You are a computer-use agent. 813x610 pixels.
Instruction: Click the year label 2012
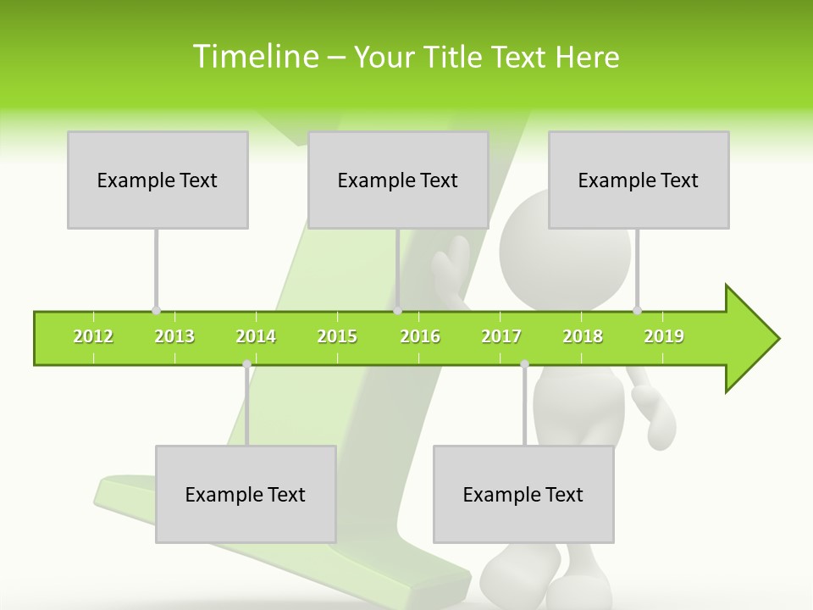[x=93, y=336]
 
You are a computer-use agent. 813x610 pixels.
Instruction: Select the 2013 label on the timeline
[x=174, y=336]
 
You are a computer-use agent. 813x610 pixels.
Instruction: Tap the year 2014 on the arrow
[x=256, y=336]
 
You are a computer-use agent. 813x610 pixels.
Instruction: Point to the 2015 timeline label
[x=337, y=336]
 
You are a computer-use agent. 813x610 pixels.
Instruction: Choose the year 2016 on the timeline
[x=420, y=336]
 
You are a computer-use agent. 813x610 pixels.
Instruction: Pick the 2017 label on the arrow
[x=501, y=336]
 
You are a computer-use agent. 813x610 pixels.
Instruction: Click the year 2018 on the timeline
[x=583, y=336]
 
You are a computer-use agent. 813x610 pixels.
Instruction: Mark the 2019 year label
[x=664, y=336]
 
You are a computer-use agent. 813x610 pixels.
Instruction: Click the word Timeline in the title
[x=255, y=57]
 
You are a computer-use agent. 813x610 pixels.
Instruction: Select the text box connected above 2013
[x=158, y=180]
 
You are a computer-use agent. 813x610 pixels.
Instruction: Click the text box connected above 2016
[x=398, y=180]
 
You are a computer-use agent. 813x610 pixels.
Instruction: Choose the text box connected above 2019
[x=639, y=180]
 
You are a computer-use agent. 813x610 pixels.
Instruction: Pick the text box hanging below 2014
[x=246, y=494]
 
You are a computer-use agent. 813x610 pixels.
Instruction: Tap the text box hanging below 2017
[x=523, y=494]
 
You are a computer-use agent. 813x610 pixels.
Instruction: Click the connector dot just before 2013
[x=156, y=310]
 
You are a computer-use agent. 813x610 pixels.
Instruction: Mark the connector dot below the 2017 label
[x=524, y=364]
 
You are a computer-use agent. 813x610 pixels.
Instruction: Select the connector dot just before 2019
[x=637, y=310]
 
